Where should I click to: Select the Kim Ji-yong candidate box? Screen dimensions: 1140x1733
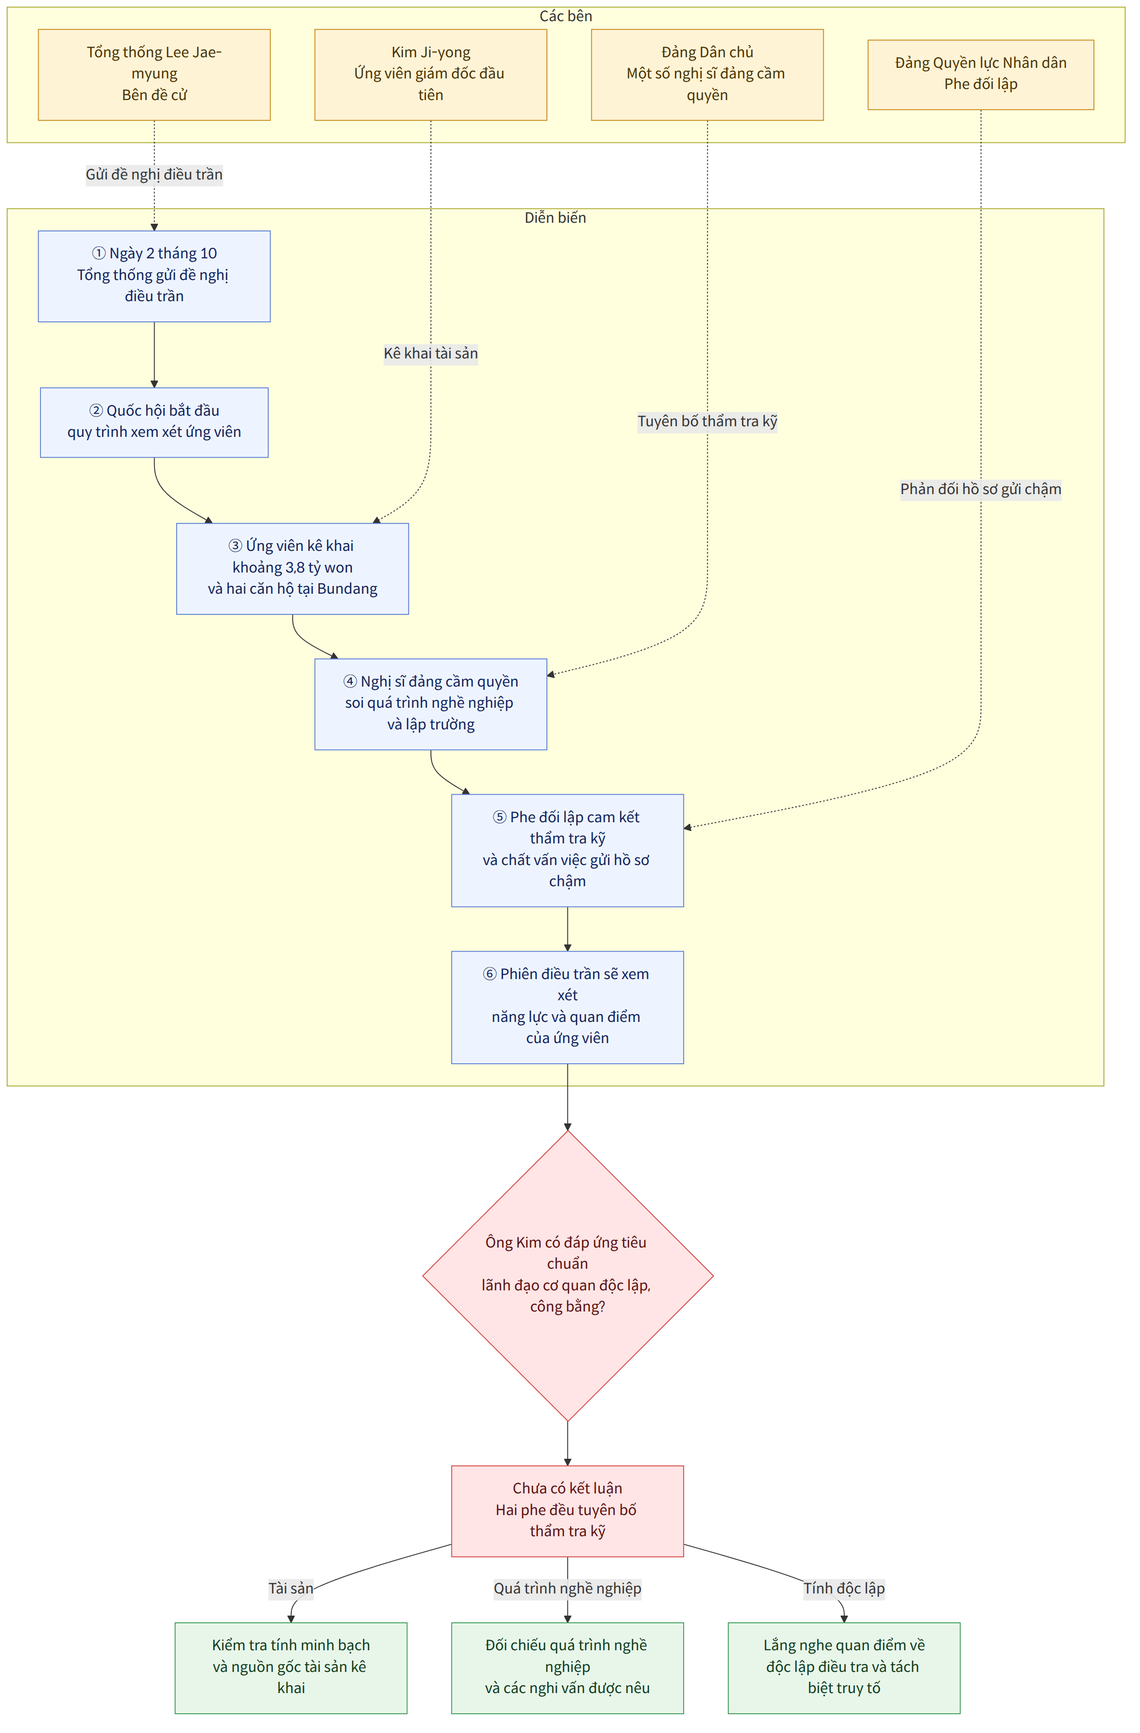[x=430, y=74]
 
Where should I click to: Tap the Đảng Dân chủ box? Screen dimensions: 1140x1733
[x=707, y=74]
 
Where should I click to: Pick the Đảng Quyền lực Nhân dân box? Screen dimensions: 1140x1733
[x=981, y=74]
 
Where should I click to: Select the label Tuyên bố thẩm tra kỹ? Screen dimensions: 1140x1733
[x=707, y=421]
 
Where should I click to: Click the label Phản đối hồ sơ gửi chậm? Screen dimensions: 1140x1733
[x=981, y=489]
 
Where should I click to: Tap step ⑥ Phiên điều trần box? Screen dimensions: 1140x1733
[x=568, y=1007]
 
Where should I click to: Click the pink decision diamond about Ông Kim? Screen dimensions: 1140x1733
[x=568, y=1276]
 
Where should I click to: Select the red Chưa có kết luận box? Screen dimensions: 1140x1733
[x=568, y=1511]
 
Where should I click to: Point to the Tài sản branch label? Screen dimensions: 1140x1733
[x=291, y=1588]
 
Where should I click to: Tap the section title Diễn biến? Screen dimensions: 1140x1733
[x=555, y=218]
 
